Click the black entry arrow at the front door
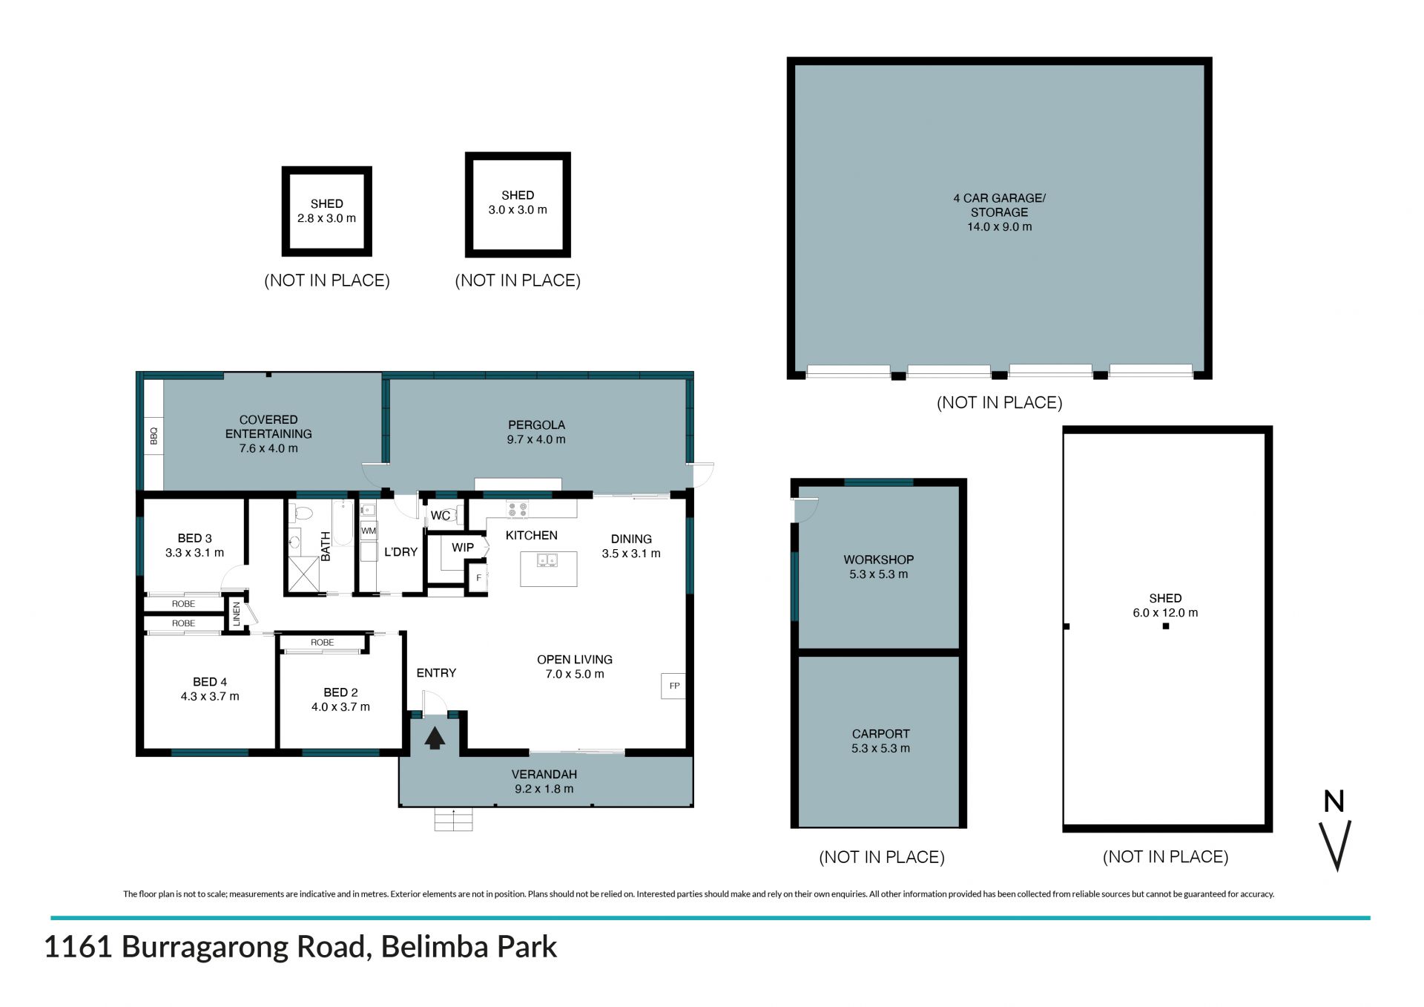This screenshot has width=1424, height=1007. click(435, 738)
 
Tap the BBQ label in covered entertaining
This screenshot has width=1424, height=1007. click(154, 436)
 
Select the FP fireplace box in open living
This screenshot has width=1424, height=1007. click(673, 686)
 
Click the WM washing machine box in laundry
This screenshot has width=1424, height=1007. click(369, 531)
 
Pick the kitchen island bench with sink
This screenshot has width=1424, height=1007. click(548, 569)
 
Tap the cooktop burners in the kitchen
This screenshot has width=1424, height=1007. click(517, 509)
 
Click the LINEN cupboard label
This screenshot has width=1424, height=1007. click(237, 614)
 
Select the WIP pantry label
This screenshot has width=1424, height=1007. click(463, 547)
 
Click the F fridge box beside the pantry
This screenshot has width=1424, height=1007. click(478, 577)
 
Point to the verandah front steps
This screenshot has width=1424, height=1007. click(453, 819)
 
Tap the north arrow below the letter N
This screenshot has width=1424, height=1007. click(1336, 845)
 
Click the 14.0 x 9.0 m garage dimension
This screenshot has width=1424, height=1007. click(999, 227)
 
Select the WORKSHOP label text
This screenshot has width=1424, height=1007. click(878, 560)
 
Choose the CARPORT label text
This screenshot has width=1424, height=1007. click(880, 733)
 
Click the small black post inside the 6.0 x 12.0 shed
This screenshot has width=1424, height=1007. click(1166, 626)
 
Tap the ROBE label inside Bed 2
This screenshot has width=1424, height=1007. click(322, 643)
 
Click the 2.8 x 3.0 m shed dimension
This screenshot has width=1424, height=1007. click(326, 218)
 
